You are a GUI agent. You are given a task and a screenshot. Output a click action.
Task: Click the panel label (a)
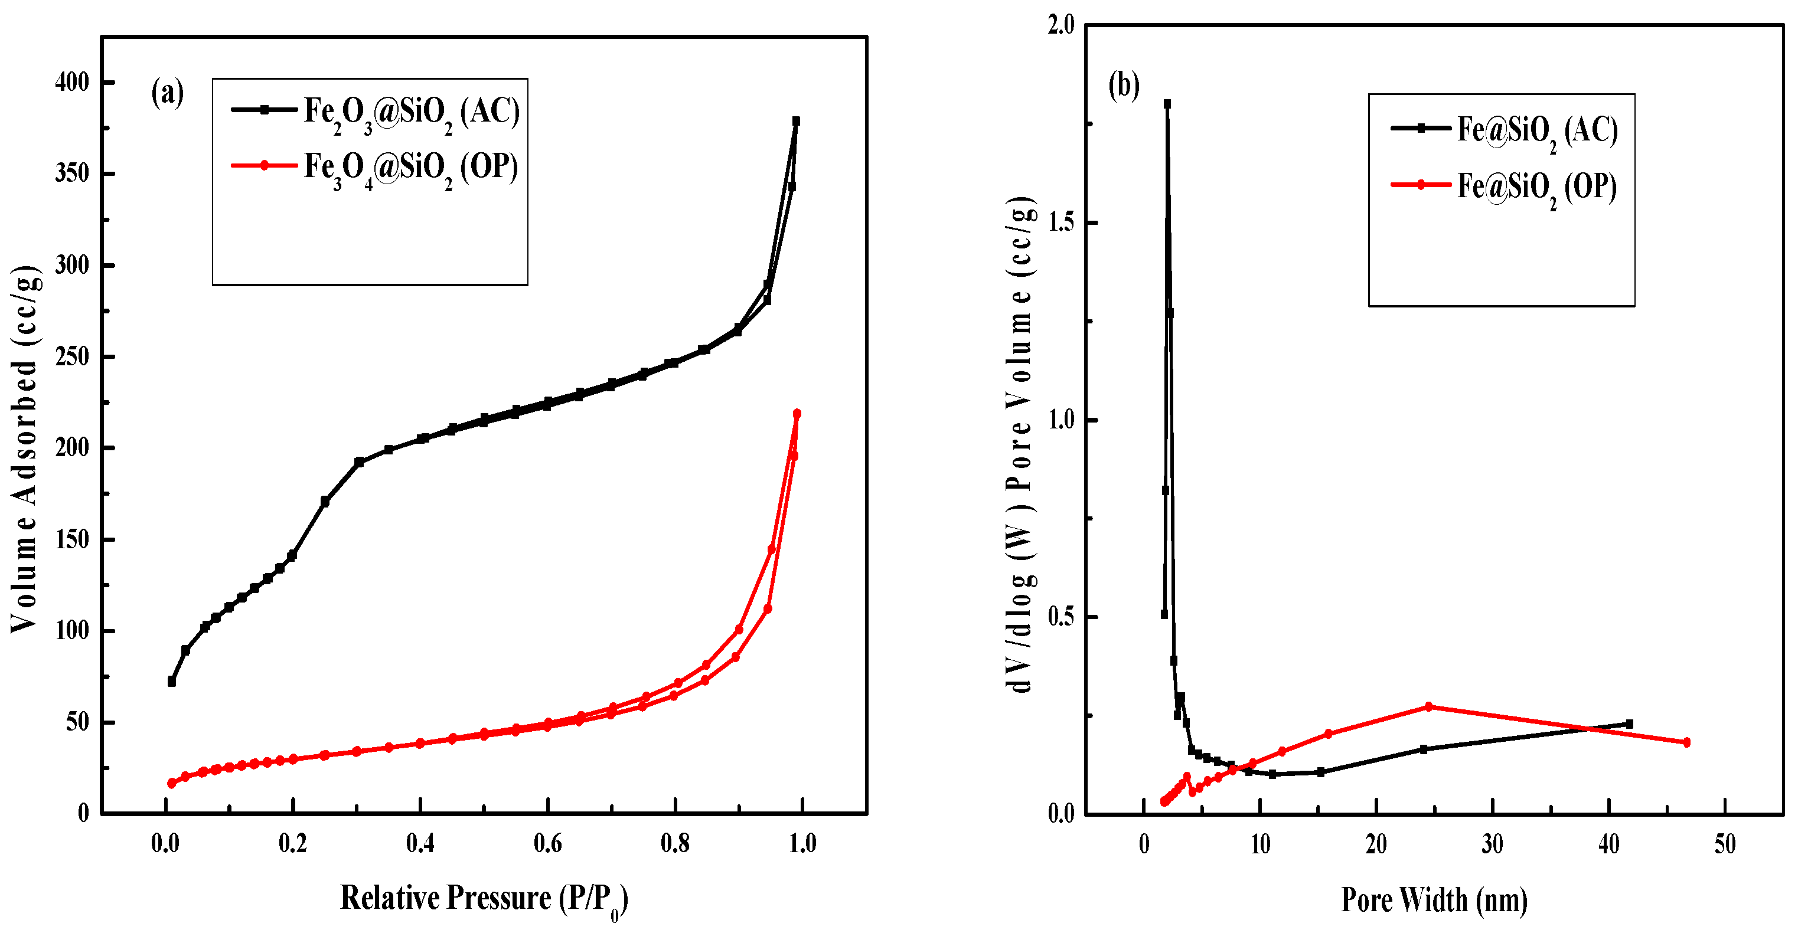tap(167, 93)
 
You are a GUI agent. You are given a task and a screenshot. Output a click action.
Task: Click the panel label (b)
tap(1124, 85)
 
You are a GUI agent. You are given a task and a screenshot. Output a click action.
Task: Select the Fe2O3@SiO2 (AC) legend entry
tap(376, 112)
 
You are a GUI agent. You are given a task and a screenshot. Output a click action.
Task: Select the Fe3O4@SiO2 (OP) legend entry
tap(375, 168)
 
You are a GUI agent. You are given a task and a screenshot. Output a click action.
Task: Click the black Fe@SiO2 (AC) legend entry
tap(1504, 130)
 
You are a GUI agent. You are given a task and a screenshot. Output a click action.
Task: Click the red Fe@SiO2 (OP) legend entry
tap(1503, 186)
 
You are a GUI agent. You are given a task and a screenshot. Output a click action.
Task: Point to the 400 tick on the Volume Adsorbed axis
tap(73, 83)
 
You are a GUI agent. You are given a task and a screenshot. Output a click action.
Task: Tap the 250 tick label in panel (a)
tap(73, 356)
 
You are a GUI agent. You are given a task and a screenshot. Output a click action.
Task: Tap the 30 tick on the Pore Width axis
tap(1492, 845)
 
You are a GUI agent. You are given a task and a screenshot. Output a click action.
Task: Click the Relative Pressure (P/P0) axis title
tap(484, 899)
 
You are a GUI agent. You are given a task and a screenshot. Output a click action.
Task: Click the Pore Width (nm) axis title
tap(1434, 899)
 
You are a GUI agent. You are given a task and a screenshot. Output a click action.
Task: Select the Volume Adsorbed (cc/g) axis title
tap(25, 449)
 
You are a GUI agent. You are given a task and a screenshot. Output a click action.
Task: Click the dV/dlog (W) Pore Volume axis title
tap(1020, 444)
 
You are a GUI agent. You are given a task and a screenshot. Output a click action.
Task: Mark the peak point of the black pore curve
tap(1167, 104)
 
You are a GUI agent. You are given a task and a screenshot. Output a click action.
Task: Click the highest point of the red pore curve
tap(1429, 707)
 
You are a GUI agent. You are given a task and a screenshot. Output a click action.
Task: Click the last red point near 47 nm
tap(1687, 742)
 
